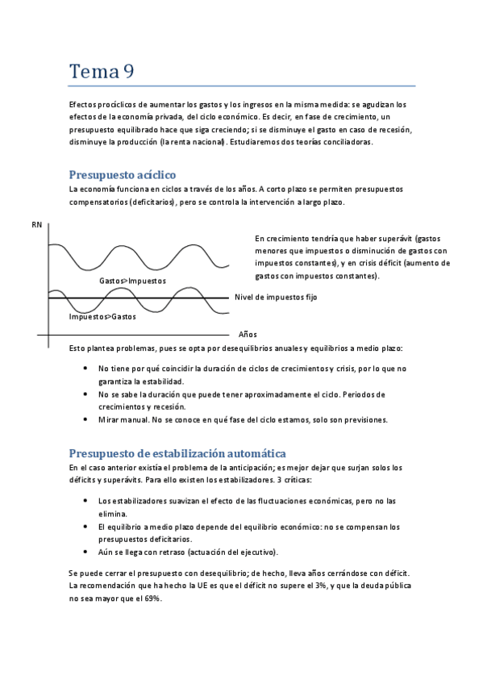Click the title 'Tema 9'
[102, 71]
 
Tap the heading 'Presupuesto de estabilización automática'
[177, 453]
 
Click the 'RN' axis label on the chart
[37, 225]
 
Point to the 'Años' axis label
[248, 334]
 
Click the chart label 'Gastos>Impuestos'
[132, 281]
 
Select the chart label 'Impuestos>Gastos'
[102, 316]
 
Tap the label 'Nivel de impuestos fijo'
[276, 298]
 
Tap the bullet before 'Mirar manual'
[86, 420]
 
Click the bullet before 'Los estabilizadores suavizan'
[86, 501]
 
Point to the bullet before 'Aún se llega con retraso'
[86, 552]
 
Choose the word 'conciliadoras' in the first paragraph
[347, 143]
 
